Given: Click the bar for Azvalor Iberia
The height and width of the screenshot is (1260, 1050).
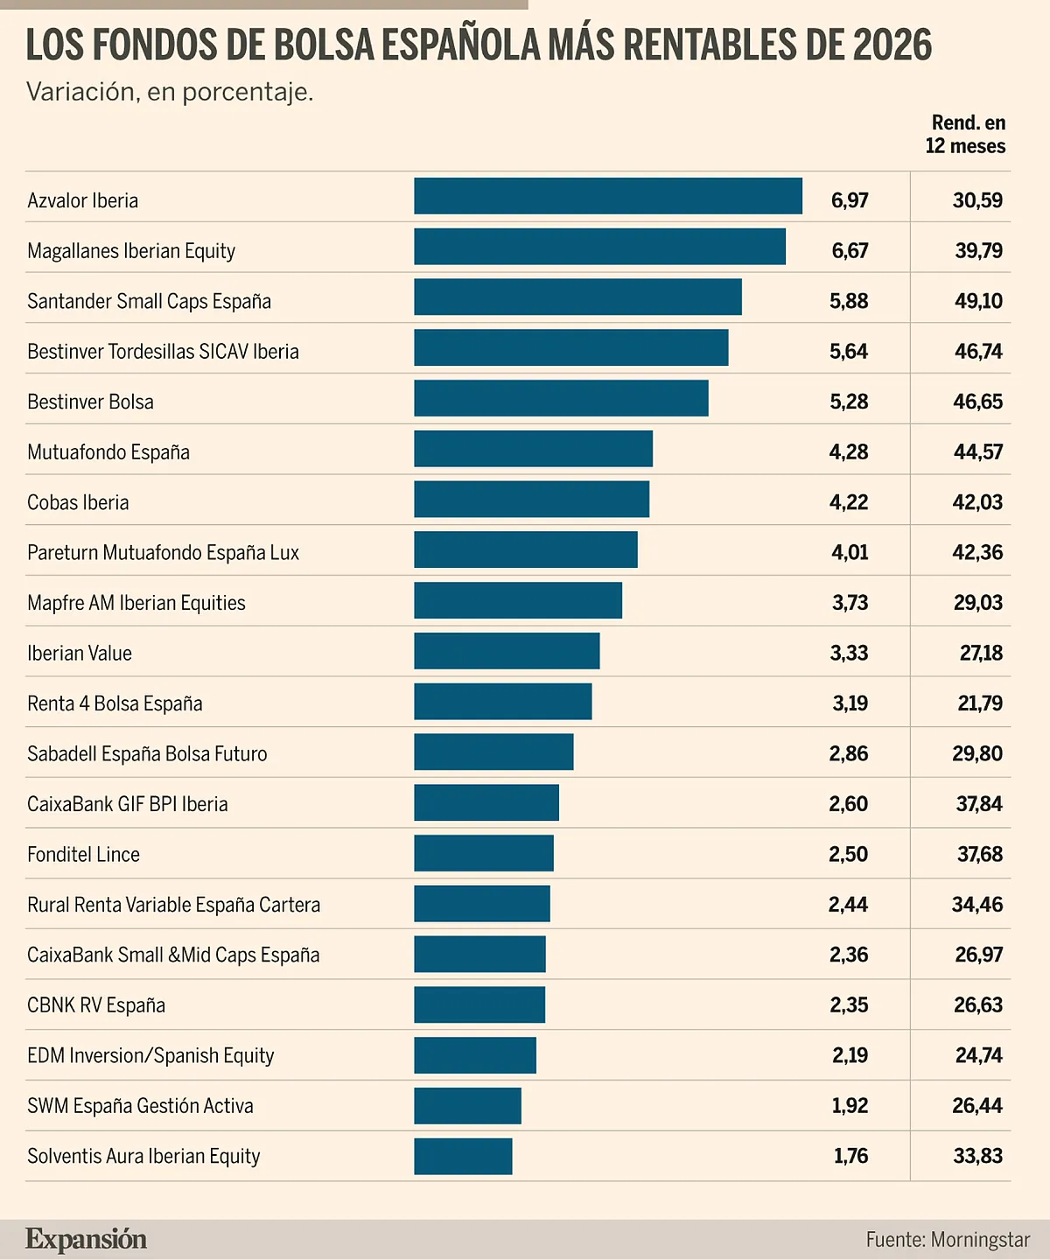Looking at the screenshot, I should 608,196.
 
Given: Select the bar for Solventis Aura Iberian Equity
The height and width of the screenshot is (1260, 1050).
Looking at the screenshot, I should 463,1157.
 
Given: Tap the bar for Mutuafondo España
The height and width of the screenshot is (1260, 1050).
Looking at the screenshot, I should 534,449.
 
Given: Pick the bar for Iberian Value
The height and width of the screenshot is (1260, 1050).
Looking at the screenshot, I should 507,651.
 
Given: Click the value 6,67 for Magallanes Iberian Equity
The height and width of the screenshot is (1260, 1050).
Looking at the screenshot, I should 850,251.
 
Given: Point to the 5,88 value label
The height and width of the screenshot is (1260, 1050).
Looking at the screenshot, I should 849,301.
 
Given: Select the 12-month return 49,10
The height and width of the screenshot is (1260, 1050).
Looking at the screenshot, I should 978,301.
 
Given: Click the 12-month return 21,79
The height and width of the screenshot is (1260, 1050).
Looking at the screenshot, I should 980,703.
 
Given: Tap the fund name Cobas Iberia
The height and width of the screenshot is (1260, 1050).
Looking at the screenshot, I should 78,502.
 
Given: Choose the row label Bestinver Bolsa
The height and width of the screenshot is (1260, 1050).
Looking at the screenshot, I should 90,402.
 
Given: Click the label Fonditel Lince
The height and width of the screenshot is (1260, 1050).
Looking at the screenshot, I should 83,855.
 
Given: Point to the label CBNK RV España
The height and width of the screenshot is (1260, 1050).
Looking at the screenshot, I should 96,1005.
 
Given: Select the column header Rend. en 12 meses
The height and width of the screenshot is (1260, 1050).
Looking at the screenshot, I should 966,135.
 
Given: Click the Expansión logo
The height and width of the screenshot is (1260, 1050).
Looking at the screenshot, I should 86,1239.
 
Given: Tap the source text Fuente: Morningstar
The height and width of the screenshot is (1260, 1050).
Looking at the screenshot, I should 948,1240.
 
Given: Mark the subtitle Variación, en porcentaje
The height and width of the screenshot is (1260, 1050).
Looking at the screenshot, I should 170,92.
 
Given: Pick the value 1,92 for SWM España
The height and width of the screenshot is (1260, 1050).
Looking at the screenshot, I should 850,1106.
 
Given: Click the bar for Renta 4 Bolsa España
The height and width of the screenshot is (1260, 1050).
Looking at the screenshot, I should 503,702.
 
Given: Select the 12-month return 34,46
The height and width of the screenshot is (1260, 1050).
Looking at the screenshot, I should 977,905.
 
